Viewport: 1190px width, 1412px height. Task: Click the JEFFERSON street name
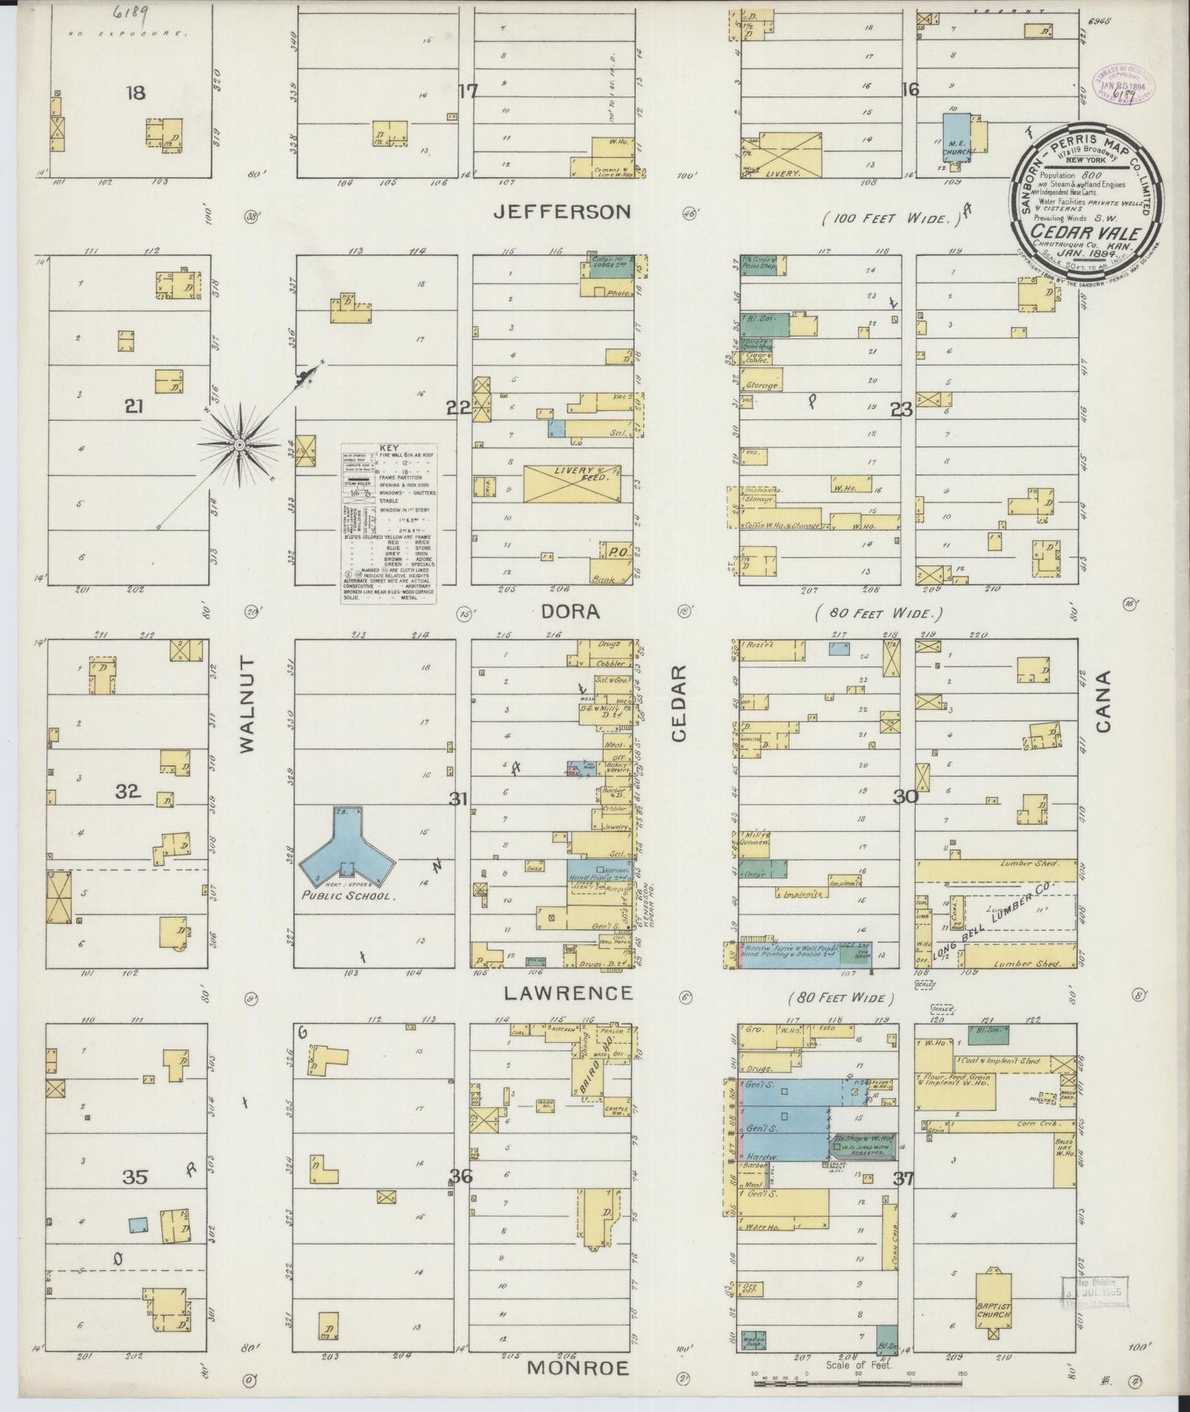(562, 212)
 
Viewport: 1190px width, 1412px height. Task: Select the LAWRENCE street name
(568, 994)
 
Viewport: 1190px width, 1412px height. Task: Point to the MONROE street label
(577, 1368)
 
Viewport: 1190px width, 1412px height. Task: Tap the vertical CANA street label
(1104, 701)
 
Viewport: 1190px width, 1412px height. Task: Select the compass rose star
(240, 444)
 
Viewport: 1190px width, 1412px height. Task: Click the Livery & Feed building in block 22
(572, 483)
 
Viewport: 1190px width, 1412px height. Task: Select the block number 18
(135, 93)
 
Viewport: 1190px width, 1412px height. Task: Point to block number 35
(135, 1177)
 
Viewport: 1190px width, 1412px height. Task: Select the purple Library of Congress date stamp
(1123, 86)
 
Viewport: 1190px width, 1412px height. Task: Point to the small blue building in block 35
(139, 1224)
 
